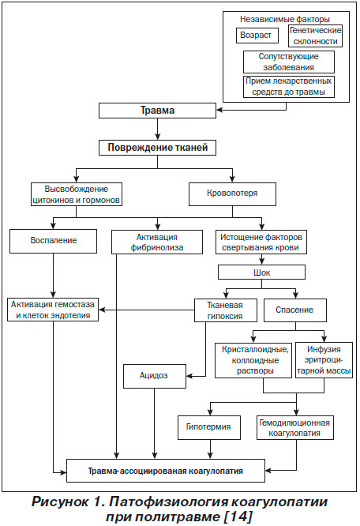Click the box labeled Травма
coord(157,111)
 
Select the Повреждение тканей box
coord(157,148)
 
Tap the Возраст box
coord(257,36)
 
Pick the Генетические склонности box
coord(315,36)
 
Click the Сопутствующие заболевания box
coord(289,62)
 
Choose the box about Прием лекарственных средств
coord(289,87)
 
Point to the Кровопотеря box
coord(232,194)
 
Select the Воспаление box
coord(54,241)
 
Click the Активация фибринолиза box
coord(157,242)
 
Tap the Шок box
coord(261,272)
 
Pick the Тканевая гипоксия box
coord(226,310)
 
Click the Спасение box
coord(295,310)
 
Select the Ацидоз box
coord(155,377)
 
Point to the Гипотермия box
coord(209,427)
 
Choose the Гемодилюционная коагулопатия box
coord(295,427)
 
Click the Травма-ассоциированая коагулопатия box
coord(166,471)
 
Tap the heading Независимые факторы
coord(284,19)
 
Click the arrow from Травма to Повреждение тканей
coord(157,130)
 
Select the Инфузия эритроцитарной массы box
coord(324,360)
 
